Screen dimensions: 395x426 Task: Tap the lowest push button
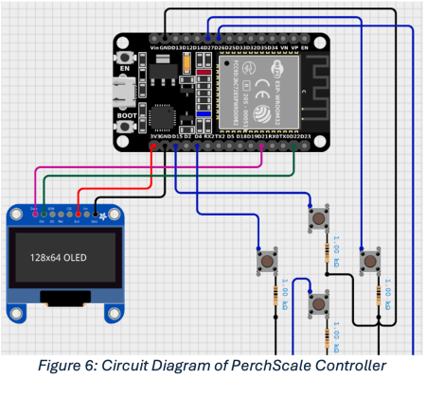tap(320, 305)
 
